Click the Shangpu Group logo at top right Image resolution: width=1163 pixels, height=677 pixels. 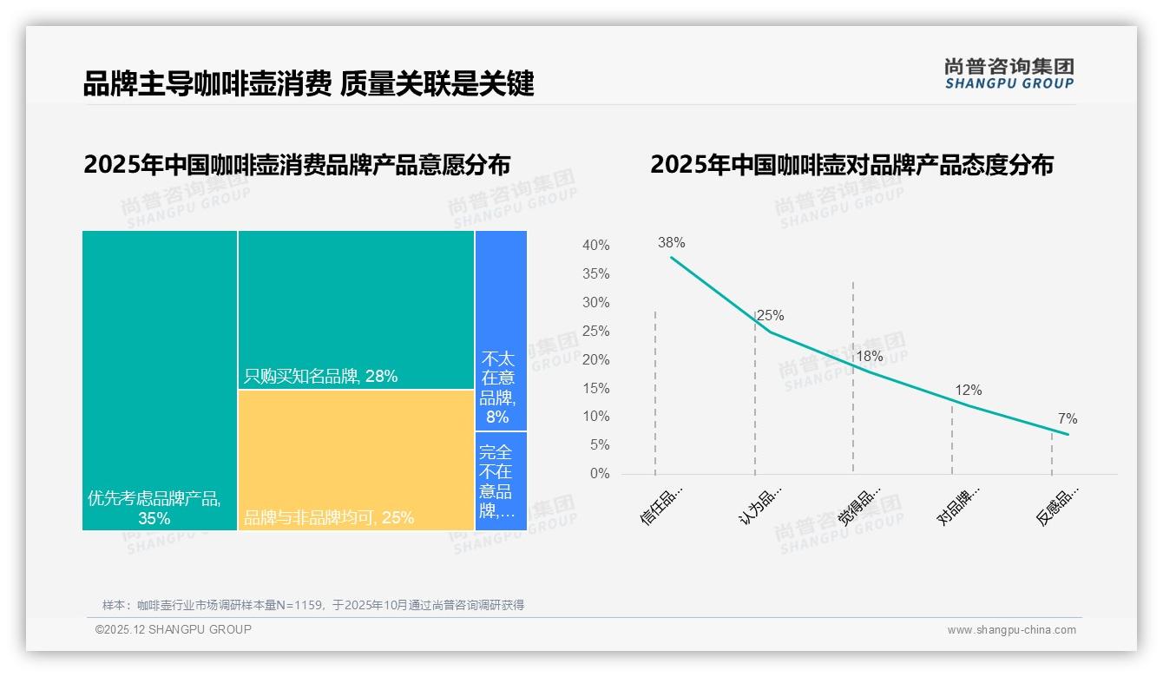pyautogui.click(x=1009, y=74)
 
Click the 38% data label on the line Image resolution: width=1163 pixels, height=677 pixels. pyautogui.click(x=671, y=243)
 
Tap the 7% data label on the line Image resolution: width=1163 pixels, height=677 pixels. pyautogui.click(x=1067, y=419)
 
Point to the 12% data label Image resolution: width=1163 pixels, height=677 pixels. pyautogui.click(x=968, y=391)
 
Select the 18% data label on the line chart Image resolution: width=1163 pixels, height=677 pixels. pyautogui.click(x=869, y=356)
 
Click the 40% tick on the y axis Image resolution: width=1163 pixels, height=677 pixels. pyautogui.click(x=595, y=246)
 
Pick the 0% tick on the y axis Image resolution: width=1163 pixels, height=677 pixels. pyautogui.click(x=599, y=474)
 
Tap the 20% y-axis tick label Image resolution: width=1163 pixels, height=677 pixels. pyautogui.click(x=595, y=360)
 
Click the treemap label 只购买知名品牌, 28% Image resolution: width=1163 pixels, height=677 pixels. pyautogui.click(x=320, y=377)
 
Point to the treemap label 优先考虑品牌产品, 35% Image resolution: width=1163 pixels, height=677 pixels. pyautogui.click(x=154, y=508)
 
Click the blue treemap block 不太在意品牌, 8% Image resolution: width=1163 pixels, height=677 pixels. pyautogui.click(x=501, y=330)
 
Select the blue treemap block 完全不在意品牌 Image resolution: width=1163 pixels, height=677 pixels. pyautogui.click(x=501, y=481)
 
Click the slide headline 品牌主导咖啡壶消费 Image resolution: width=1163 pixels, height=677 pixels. pyautogui.click(x=207, y=83)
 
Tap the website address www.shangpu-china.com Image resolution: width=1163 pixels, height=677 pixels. pyautogui.click(x=1011, y=630)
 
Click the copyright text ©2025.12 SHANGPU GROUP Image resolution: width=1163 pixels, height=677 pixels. pyautogui.click(x=174, y=629)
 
